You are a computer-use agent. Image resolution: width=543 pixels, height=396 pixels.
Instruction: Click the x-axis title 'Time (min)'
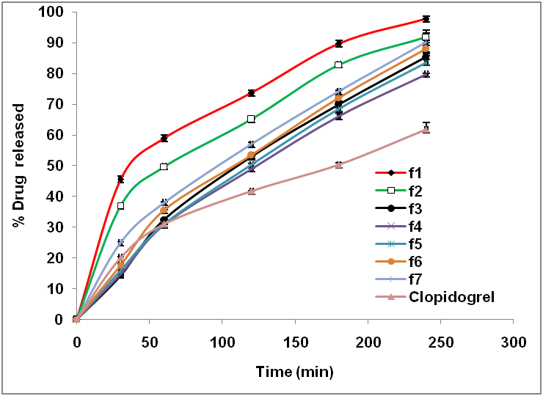click(x=294, y=372)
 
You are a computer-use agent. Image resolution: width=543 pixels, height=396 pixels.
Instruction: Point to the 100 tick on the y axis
click(x=54, y=12)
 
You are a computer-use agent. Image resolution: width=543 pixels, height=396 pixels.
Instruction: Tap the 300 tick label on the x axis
click(x=513, y=342)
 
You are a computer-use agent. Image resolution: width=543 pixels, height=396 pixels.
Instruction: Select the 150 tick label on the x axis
click(x=294, y=342)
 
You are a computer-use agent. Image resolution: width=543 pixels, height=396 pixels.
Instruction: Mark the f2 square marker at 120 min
click(x=251, y=119)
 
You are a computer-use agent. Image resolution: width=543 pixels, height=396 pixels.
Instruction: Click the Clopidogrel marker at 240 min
click(x=426, y=129)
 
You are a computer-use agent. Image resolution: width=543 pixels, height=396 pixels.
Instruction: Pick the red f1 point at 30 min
click(x=120, y=179)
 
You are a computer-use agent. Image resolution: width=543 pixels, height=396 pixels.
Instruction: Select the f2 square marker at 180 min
click(x=338, y=65)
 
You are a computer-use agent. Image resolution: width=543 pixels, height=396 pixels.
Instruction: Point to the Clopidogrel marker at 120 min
click(x=251, y=191)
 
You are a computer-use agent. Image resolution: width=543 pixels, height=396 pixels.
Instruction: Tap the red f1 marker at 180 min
click(x=338, y=43)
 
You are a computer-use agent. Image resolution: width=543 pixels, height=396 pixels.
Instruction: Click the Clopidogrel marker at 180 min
click(x=338, y=165)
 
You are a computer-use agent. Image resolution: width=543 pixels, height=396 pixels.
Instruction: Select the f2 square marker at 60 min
click(x=164, y=166)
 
